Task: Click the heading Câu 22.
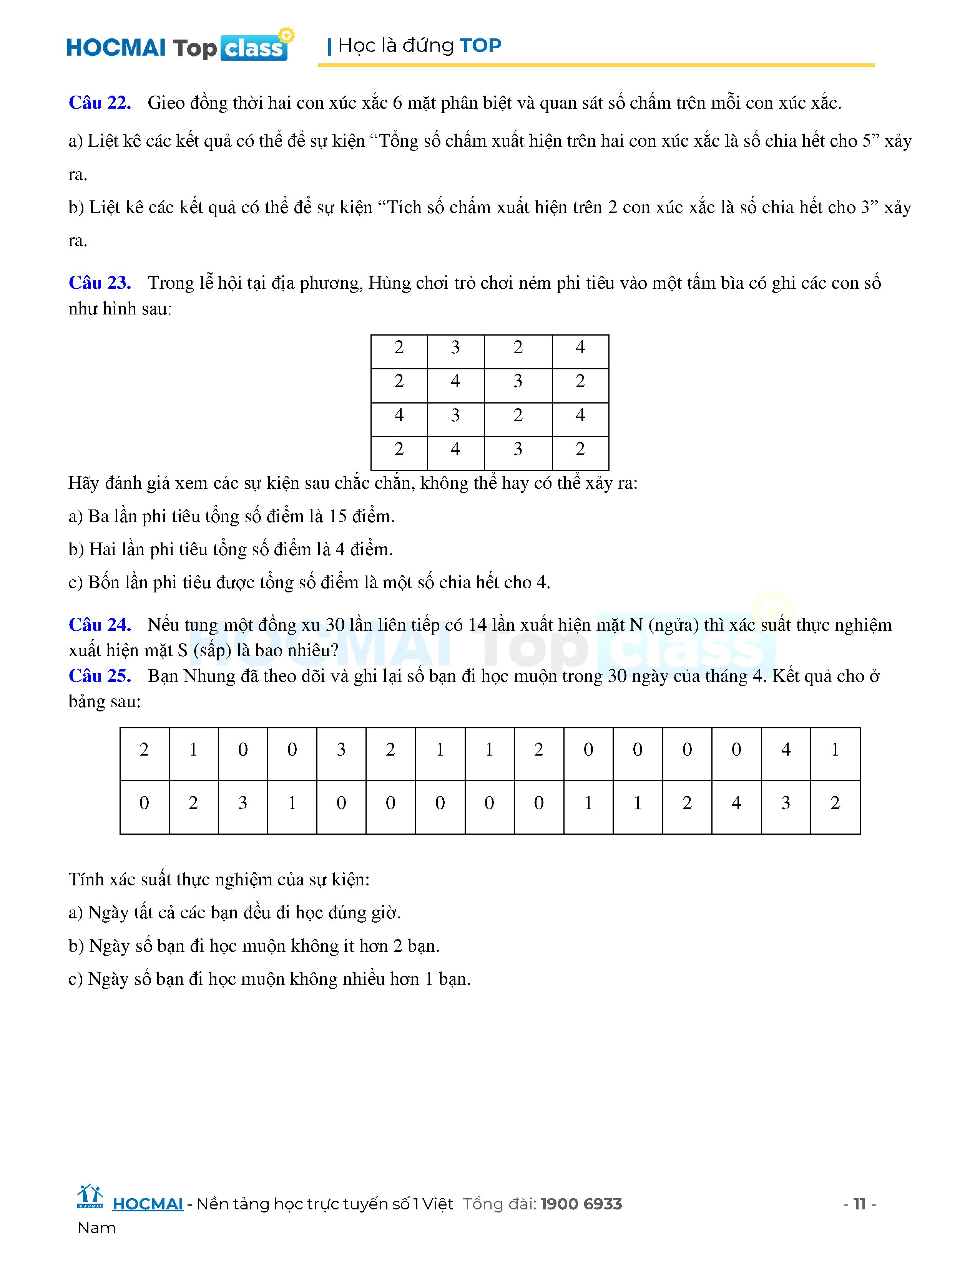99,103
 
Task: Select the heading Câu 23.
99,283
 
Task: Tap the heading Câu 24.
99,625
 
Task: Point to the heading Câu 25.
99,676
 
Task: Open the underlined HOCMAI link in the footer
148,1204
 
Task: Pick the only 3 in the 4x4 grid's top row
455,347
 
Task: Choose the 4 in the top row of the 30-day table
786,749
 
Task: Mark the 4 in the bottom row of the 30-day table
736,803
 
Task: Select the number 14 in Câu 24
477,625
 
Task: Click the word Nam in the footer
96,1228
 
